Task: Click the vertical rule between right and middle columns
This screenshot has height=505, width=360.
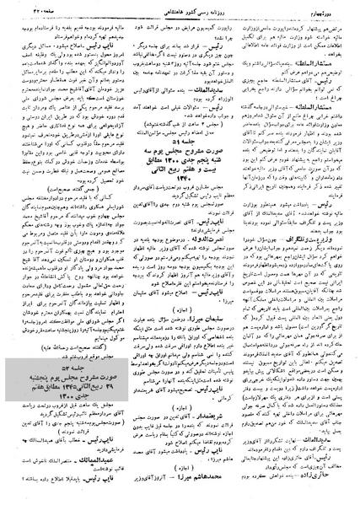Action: (x=241, y=253)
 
